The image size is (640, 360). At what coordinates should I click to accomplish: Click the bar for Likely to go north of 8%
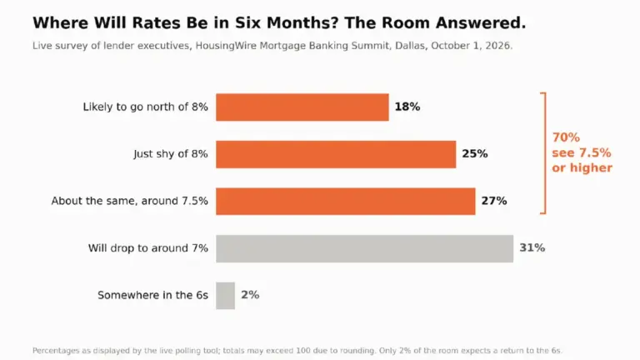coord(302,107)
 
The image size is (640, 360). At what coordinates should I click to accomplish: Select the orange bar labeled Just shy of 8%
coord(336,154)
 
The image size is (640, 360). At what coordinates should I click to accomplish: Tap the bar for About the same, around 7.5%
coord(345,201)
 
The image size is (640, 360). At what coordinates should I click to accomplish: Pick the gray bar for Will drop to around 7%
coord(364,248)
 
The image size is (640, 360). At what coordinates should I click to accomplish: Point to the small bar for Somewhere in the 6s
coord(225,296)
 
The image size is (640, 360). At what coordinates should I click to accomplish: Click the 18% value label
coord(407,107)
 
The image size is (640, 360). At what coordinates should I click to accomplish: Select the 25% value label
coord(475,154)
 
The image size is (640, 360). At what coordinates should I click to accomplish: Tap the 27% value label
coord(494,201)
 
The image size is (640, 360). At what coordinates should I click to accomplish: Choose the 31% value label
coord(532,247)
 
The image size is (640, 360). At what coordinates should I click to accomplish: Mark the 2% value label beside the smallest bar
coord(250,295)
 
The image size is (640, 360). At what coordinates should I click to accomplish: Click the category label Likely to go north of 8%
coord(145,107)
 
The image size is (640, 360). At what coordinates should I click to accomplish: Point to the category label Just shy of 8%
coord(171,154)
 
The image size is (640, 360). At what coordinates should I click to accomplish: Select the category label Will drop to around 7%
coord(148,248)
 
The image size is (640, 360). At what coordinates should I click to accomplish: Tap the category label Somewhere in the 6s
coord(152,295)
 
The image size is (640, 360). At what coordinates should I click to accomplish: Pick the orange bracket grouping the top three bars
coord(545,153)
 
